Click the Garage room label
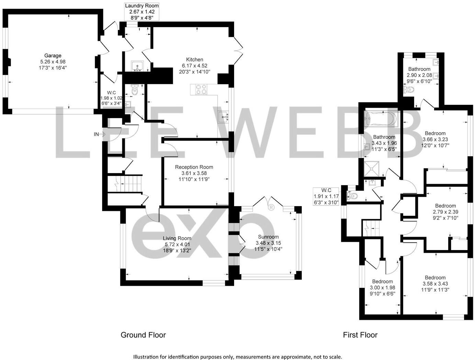[x=53, y=56]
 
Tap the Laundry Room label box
[x=142, y=12]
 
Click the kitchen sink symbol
[x=224, y=117]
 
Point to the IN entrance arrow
[x=99, y=134]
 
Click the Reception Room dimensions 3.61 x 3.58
[x=194, y=173]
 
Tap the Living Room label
[x=177, y=238]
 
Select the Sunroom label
[x=268, y=237]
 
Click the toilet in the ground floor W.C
[x=134, y=90]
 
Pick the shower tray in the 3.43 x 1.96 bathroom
[x=373, y=168]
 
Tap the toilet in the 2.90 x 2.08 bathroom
[x=409, y=90]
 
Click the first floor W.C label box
[x=326, y=196]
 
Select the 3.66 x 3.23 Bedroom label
[x=435, y=133]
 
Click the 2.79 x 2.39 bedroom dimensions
[x=445, y=212]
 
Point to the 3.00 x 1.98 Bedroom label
[x=382, y=282]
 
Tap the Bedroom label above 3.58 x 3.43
[x=435, y=278]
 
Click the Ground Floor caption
[x=143, y=335]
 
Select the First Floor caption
[x=360, y=335]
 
